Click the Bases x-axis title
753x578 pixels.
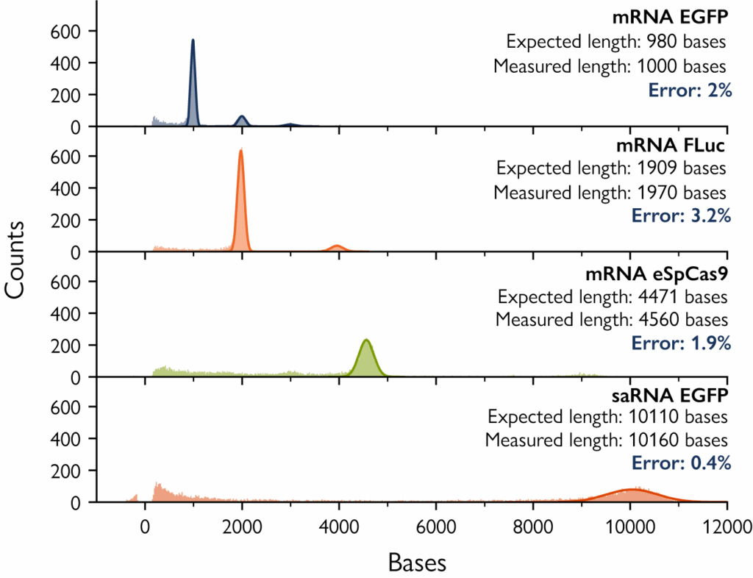click(416, 563)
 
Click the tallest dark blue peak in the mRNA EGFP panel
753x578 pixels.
click(193, 74)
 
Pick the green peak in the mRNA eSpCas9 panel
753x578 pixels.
click(365, 357)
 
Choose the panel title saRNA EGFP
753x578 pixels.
click(671, 395)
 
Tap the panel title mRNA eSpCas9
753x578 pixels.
click(657, 274)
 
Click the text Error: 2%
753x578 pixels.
click(689, 90)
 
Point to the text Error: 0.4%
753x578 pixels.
click(680, 463)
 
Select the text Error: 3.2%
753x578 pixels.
click(680, 216)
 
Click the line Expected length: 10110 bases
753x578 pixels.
click(607, 417)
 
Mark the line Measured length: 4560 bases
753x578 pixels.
click(611, 320)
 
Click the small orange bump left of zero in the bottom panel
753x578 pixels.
click(134, 498)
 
